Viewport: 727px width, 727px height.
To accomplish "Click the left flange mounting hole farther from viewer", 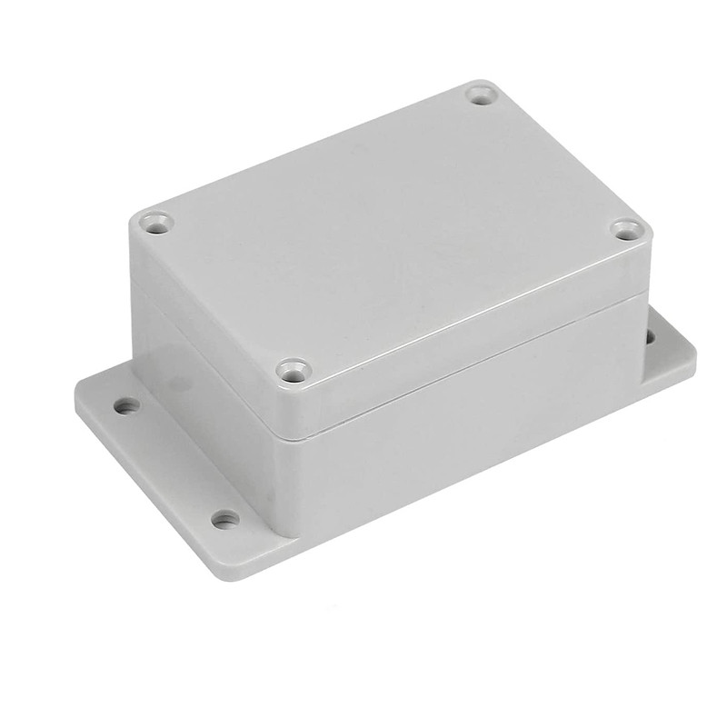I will [128, 405].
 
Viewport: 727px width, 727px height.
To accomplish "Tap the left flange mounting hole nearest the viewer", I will [224, 520].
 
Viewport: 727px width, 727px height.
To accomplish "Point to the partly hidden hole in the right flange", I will [650, 337].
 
